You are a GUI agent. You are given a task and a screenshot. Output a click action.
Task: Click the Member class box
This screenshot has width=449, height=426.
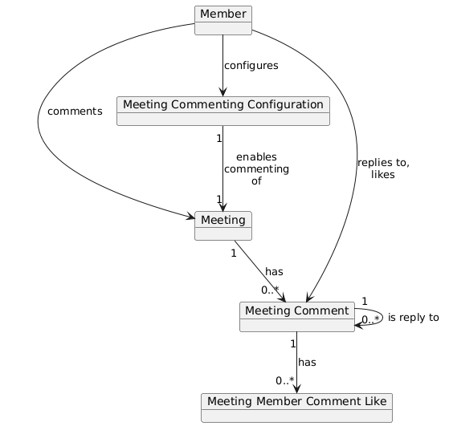(x=223, y=20)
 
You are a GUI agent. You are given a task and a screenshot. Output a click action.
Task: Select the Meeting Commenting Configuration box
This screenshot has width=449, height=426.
(x=223, y=111)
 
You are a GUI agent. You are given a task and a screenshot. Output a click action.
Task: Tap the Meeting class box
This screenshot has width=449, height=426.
(x=223, y=225)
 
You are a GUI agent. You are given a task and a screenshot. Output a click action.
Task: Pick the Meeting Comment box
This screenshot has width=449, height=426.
(x=297, y=317)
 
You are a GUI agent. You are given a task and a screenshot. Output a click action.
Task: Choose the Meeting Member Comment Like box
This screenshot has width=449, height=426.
(x=296, y=408)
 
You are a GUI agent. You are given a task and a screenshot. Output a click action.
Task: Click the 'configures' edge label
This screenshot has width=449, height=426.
(x=251, y=66)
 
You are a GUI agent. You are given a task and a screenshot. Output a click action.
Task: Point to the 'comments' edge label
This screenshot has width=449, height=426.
(x=75, y=112)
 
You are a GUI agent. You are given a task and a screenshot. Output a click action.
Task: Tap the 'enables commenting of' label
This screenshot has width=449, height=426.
(x=256, y=168)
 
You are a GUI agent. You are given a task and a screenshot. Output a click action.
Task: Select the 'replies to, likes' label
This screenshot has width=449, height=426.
(x=383, y=168)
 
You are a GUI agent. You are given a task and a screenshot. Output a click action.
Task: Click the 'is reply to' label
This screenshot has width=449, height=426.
(x=414, y=317)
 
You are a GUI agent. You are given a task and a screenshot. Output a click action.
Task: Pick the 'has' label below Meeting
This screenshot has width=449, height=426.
(x=274, y=271)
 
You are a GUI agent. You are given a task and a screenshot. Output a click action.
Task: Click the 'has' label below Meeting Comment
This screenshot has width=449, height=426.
(x=307, y=362)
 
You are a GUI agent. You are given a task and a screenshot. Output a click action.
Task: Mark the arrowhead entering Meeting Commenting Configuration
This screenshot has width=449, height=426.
(x=222, y=92)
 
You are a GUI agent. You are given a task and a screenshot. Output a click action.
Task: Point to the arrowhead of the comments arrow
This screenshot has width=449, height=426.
(x=190, y=217)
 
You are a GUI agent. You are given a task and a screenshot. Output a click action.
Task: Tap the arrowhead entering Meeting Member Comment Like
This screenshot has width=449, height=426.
(x=297, y=389)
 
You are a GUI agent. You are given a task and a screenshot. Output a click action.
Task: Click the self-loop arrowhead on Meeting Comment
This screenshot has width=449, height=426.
(x=359, y=325)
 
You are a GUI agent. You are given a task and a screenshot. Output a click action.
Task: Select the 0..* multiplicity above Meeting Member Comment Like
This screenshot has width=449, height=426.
(x=285, y=380)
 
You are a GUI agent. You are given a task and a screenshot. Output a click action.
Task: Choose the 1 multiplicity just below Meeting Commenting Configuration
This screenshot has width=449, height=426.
(x=219, y=139)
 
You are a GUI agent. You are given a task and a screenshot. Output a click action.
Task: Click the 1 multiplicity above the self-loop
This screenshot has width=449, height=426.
(x=365, y=302)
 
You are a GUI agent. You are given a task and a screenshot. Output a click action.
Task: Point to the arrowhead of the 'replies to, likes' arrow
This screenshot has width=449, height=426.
(x=309, y=298)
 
